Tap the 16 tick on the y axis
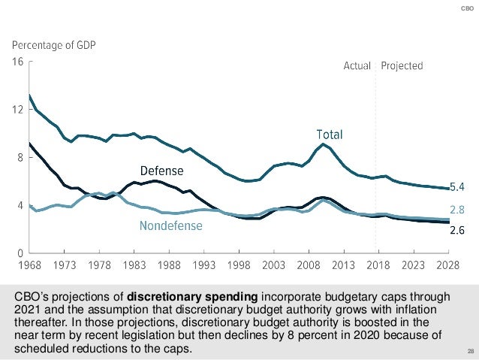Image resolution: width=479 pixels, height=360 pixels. tap(17, 62)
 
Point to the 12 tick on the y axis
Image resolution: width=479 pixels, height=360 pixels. tap(17, 110)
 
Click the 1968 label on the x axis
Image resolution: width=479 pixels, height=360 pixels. tap(29, 265)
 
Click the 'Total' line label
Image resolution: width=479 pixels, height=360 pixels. tap(329, 135)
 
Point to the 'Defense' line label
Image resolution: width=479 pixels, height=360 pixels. tap(161, 171)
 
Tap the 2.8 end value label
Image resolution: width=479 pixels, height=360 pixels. tap(459, 209)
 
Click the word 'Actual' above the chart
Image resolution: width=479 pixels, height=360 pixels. tap(357, 66)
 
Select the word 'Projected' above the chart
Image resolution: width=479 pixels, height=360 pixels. tap(402, 66)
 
